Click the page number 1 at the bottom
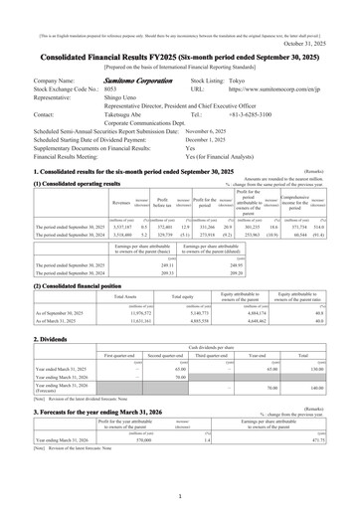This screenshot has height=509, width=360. coord(180,495)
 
